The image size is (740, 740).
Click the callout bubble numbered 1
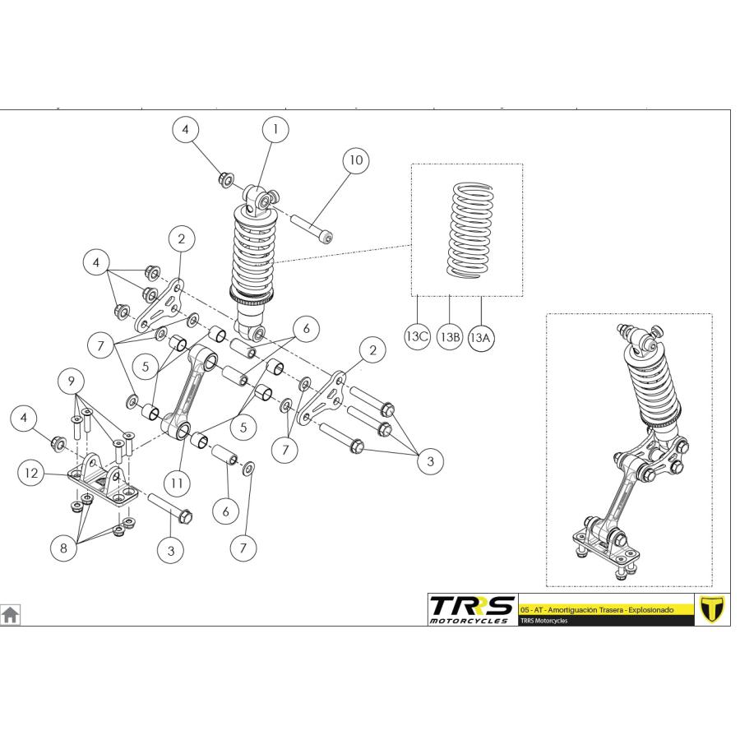(275, 129)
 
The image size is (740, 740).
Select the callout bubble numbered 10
(355, 160)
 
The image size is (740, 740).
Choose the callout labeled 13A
(482, 337)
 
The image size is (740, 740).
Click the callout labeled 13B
(450, 337)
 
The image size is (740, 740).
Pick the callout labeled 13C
(418, 337)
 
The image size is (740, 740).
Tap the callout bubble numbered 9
(72, 382)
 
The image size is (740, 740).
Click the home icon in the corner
(10, 615)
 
